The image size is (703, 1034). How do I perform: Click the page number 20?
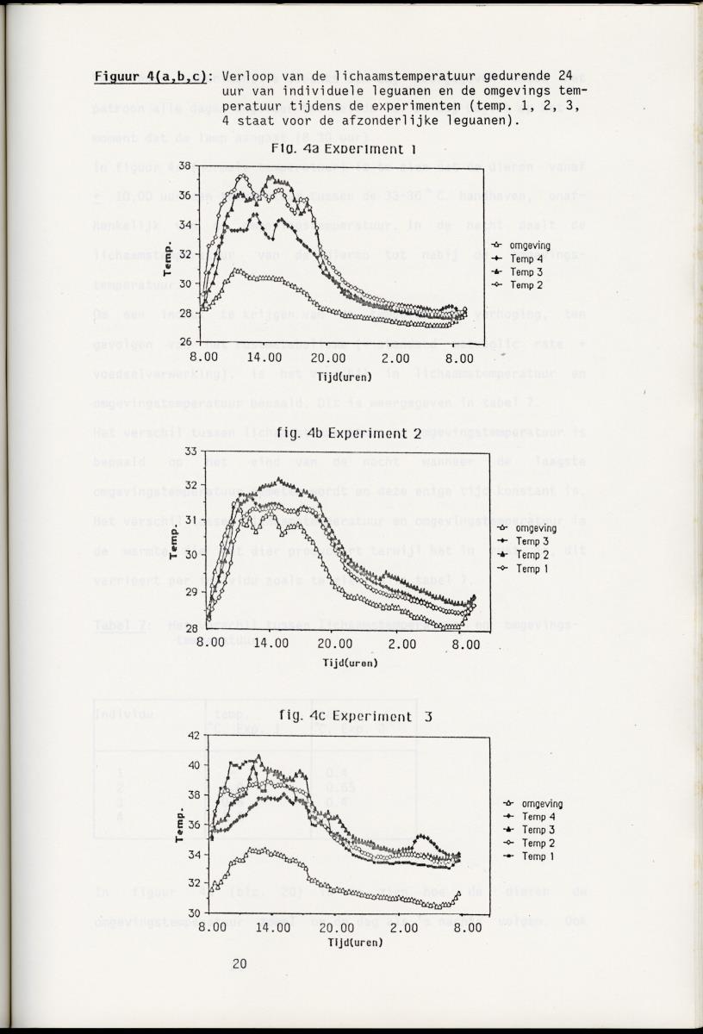click(x=240, y=963)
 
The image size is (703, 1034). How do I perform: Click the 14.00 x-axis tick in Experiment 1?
click(x=264, y=358)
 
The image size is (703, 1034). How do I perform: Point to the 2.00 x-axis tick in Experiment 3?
click(x=403, y=928)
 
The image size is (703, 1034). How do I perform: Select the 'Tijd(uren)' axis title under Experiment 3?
click(x=355, y=943)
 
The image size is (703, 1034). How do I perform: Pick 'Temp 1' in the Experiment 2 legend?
click(x=532, y=569)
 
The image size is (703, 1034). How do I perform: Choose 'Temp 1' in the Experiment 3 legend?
click(x=538, y=856)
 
